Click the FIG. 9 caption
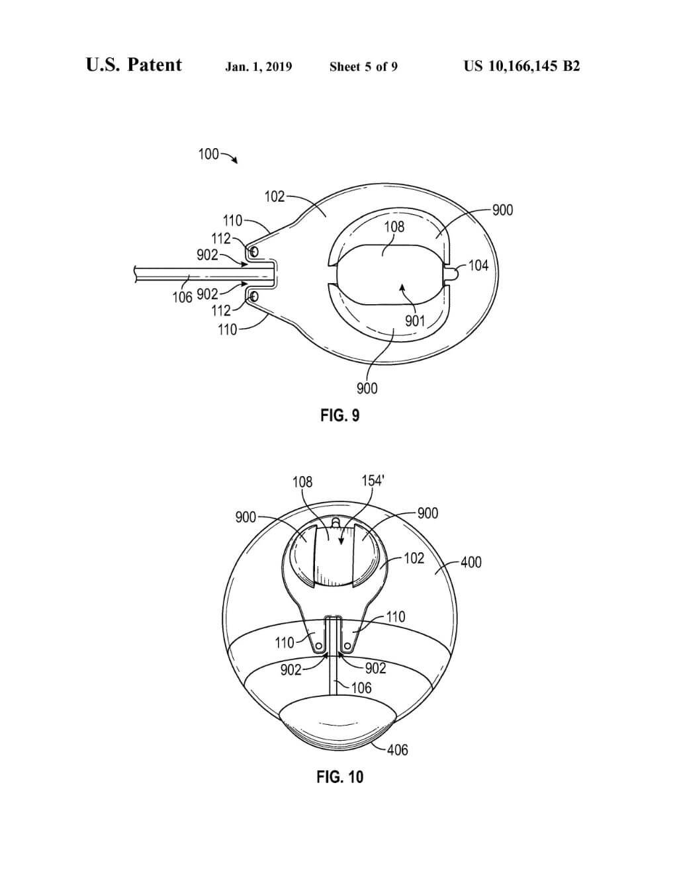339,415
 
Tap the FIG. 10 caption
339,776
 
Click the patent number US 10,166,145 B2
522,66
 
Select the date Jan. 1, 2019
259,66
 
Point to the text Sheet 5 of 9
363,66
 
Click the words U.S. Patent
134,65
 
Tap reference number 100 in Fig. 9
208,154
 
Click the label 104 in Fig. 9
479,266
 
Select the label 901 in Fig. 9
414,321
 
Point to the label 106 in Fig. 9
183,298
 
